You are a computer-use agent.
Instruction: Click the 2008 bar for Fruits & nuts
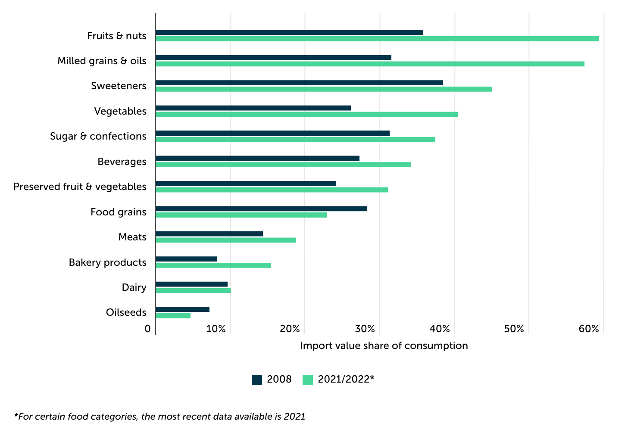tap(289, 32)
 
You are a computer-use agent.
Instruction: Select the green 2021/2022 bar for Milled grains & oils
tap(370, 64)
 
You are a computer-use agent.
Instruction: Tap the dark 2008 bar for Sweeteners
tap(299, 83)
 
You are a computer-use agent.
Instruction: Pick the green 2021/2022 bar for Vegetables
tap(306, 114)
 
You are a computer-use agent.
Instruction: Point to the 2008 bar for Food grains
tap(261, 209)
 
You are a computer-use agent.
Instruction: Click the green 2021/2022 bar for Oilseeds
tap(173, 316)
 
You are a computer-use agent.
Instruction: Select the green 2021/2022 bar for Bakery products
tap(213, 265)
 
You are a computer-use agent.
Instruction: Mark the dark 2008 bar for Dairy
tap(191, 284)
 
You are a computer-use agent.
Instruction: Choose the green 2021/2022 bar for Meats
tap(225, 240)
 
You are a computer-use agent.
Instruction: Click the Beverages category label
tap(122, 162)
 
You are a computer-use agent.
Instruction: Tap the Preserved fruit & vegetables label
tap(80, 187)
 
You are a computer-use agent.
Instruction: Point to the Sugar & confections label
tap(98, 136)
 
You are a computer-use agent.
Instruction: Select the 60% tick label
tap(589, 329)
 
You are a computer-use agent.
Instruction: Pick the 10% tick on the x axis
tap(216, 329)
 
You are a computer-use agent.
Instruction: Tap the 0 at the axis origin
tap(148, 329)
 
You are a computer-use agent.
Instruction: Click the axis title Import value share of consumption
tap(384, 346)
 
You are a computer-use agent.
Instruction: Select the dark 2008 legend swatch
tap(257, 380)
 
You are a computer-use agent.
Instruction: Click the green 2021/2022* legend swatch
tap(308, 380)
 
